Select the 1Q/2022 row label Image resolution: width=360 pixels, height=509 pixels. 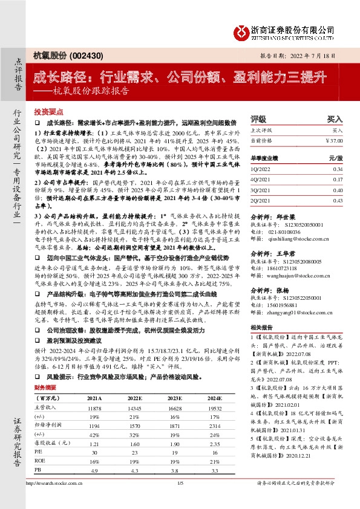(261, 170)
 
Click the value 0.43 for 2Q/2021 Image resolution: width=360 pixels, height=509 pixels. (338, 200)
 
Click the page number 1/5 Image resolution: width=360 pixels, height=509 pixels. (180, 501)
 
